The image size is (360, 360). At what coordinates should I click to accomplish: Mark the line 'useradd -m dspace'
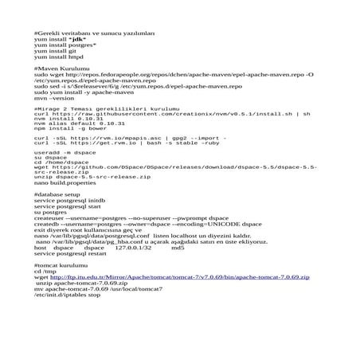click(63, 151)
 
